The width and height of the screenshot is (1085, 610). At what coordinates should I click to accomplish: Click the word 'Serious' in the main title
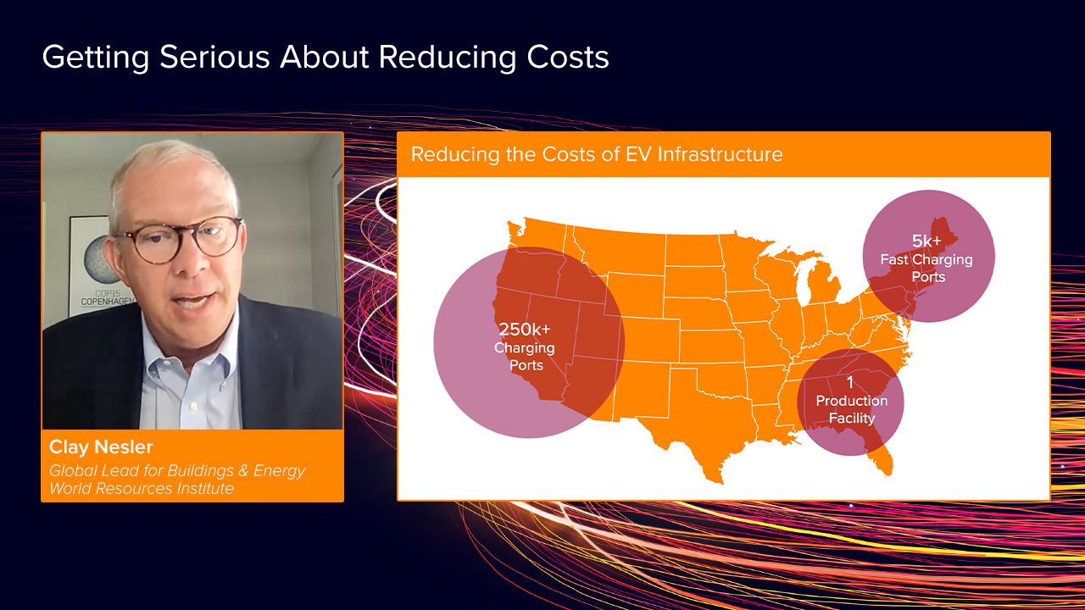click(x=214, y=57)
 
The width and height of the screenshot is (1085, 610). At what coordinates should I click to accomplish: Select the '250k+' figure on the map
click(x=525, y=330)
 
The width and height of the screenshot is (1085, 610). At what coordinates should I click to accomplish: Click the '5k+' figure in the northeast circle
click(x=926, y=241)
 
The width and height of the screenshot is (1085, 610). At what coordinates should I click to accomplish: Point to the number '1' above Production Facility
click(x=850, y=382)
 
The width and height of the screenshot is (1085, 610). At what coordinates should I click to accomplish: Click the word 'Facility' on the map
click(x=852, y=418)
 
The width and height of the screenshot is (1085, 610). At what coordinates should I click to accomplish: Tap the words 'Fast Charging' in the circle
click(x=926, y=260)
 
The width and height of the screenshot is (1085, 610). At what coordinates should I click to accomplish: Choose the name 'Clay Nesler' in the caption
click(x=101, y=446)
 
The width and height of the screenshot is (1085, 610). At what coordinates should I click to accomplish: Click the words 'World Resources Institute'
click(x=142, y=488)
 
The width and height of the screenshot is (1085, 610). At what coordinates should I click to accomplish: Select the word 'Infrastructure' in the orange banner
click(x=720, y=154)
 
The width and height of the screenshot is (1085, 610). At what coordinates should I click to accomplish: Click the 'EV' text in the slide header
click(x=638, y=154)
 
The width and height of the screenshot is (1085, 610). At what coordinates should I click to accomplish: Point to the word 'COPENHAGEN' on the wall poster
click(x=108, y=302)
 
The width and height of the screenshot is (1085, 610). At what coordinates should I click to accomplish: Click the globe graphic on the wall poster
click(x=99, y=260)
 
